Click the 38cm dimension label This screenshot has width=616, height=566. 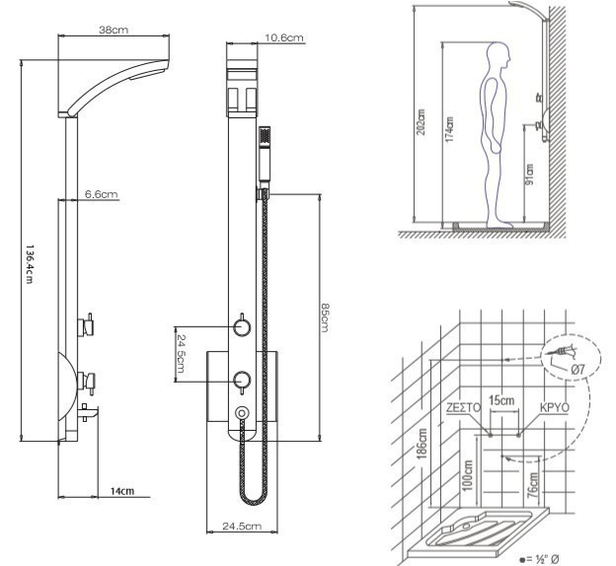[x=114, y=30]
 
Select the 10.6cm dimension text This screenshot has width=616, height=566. [x=284, y=38]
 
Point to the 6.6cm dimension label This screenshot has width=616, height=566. [x=101, y=194]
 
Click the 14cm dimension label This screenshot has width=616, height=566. [x=121, y=490]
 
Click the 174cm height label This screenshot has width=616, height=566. [x=448, y=128]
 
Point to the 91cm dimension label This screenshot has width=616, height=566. [x=530, y=177]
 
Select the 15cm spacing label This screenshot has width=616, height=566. [x=504, y=401]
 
